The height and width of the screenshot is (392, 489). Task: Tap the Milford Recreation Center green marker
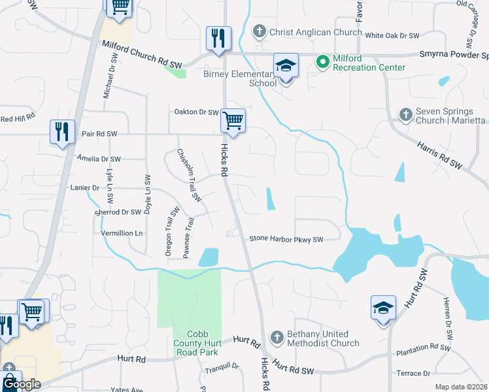tap(322, 62)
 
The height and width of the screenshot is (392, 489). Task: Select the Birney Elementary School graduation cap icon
tap(286, 67)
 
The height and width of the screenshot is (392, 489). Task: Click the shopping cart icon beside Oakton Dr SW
tap(233, 121)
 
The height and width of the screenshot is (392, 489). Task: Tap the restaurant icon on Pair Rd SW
tap(62, 132)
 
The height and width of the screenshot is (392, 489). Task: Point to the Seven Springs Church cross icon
tap(405, 115)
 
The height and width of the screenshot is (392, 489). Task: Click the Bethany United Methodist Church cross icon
tap(277, 337)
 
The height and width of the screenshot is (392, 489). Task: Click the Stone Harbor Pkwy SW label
tap(286, 240)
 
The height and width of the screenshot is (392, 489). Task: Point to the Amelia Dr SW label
tap(99, 159)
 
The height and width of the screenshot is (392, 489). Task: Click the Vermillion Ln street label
tap(120, 233)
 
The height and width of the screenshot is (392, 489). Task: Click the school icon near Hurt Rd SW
tap(383, 309)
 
